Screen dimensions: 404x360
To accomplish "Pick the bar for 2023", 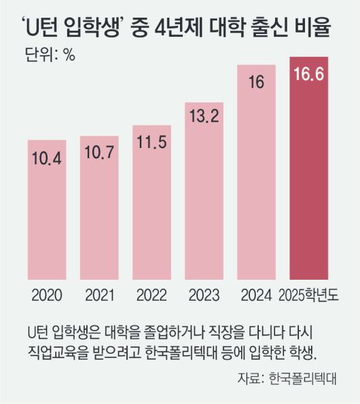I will pos(204,197).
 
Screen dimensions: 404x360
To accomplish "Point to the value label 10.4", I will pos(47,159).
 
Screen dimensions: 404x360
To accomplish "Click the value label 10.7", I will pos(99,155).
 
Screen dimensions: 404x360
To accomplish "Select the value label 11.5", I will pos(151,145).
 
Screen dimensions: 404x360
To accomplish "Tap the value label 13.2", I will pos(204,117).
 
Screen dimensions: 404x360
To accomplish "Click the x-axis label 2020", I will pos(47,295).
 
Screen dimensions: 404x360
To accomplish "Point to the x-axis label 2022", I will pos(151,295).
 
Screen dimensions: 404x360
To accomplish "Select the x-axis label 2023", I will pos(204,295).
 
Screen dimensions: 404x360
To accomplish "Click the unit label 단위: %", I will pos(44,55).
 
